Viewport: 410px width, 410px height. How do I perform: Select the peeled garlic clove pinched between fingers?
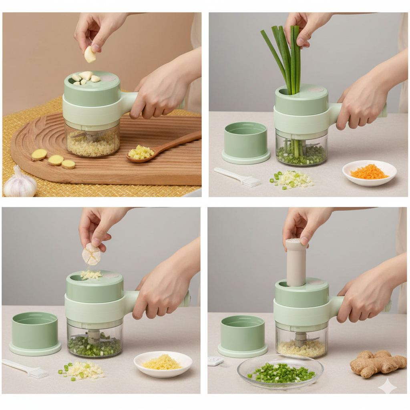point(90,55)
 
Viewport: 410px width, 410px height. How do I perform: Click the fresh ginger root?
point(378,363)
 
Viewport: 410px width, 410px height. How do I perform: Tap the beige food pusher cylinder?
point(296,262)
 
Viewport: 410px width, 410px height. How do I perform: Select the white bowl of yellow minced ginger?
point(163,364)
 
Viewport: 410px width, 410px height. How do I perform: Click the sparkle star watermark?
point(388,386)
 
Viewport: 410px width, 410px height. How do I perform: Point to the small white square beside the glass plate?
point(215,361)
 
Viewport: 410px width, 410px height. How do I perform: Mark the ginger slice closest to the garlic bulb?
point(39,155)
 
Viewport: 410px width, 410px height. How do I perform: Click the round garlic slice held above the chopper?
point(92,255)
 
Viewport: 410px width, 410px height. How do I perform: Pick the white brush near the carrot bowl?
point(238,177)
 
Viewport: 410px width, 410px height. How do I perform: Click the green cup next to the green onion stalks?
point(245,143)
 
